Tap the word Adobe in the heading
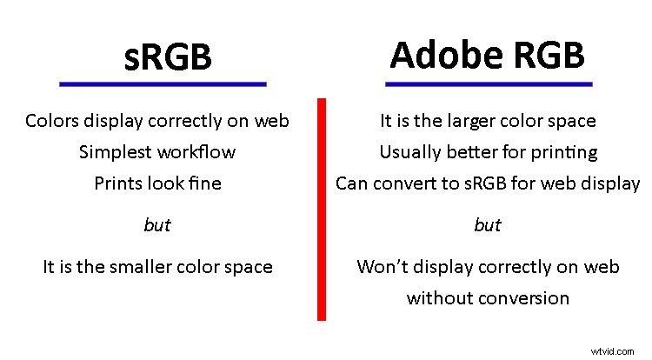(x=440, y=55)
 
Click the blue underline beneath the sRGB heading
(x=162, y=83)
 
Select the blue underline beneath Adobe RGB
(x=488, y=83)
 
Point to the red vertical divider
(x=322, y=209)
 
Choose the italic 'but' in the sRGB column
(x=156, y=225)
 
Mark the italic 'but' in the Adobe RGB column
(x=488, y=225)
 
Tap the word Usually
(x=409, y=152)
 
